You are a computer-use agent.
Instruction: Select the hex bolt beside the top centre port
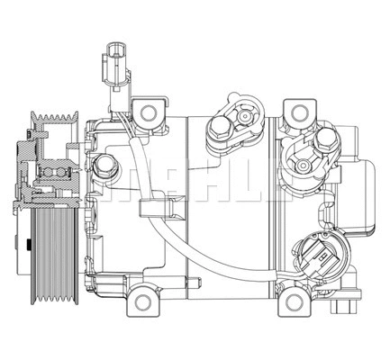[x=219, y=127]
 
